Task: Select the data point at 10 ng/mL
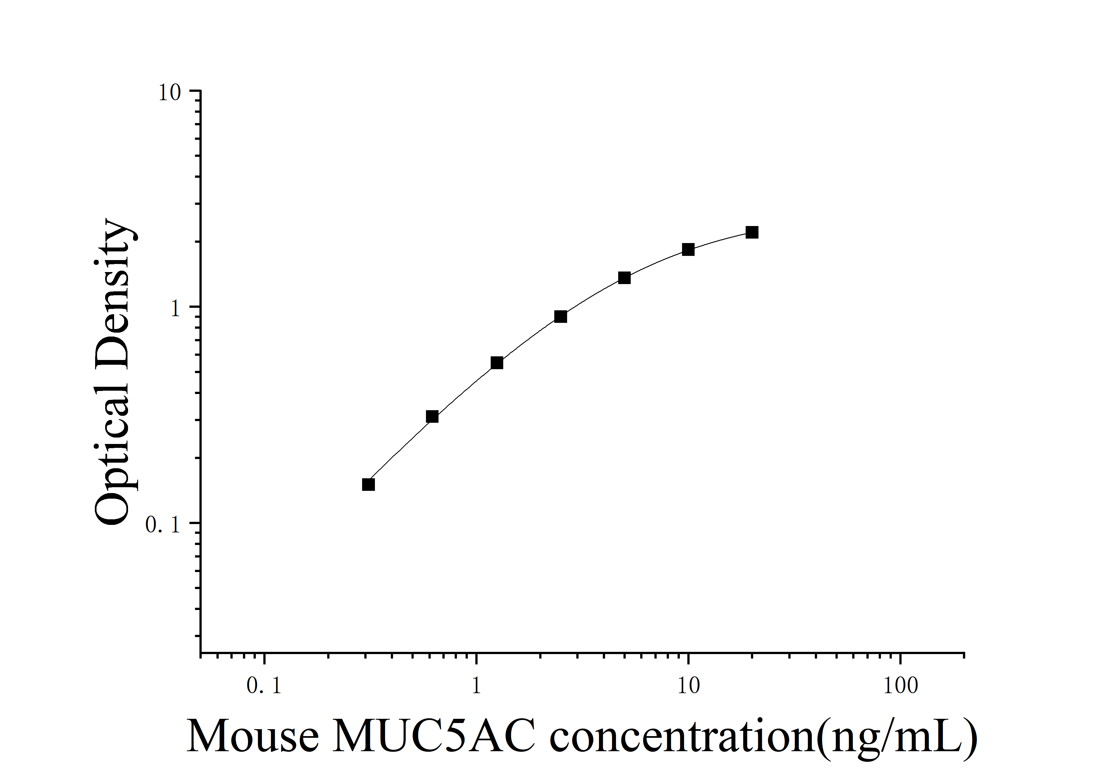click(688, 250)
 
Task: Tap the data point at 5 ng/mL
click(624, 278)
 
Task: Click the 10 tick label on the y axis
click(169, 93)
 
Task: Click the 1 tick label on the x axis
click(476, 686)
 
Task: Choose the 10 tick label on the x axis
click(688, 686)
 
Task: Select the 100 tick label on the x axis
click(900, 686)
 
